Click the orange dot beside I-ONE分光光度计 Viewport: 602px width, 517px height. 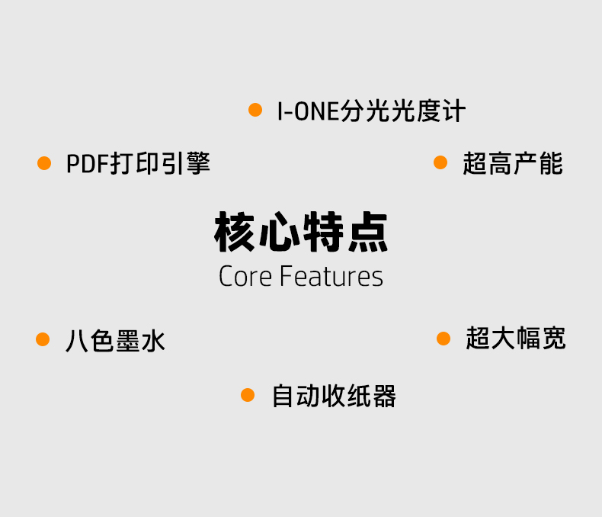pos(255,111)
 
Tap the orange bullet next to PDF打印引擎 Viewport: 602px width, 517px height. pos(44,163)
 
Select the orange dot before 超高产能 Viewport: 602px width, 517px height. pos(440,162)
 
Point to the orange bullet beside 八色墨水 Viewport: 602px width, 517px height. pos(43,339)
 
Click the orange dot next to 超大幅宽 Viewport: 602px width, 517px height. pos(443,338)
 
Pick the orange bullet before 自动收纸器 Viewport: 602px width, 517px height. pos(248,395)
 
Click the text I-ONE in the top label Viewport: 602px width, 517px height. pos(306,112)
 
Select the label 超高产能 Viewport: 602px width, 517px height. pos(512,163)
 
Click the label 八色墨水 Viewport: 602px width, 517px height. pos(115,340)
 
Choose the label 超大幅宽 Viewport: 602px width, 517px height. pos(516,339)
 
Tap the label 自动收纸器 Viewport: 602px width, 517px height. pos(334,396)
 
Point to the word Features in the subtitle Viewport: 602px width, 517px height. pos(331,276)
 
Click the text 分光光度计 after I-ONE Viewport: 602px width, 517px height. pos(403,112)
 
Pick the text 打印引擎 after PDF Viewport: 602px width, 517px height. pos(160,164)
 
